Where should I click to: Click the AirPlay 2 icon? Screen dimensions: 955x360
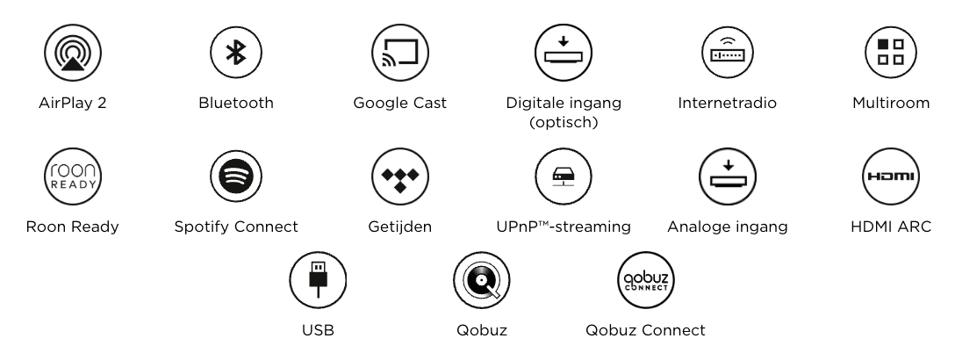pos(73,53)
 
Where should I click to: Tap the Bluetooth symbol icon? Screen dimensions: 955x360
pos(236,53)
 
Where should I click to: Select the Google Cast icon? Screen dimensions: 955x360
pos(400,53)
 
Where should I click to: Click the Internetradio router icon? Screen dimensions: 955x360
pos(727,53)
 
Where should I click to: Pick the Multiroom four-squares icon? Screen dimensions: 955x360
pos(891,53)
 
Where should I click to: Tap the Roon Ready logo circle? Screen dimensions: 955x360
pos(73,176)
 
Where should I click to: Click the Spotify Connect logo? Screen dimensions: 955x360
pos(236,176)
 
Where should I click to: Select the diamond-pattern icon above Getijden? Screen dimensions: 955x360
pos(400,176)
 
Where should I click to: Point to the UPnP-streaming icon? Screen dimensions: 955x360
pos(564,176)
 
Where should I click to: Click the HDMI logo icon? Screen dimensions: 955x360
pos(891,176)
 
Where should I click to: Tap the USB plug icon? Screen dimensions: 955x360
pos(318,280)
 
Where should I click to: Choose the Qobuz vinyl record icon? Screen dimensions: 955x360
pos(482,280)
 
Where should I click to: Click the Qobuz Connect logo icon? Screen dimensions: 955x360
pos(646,280)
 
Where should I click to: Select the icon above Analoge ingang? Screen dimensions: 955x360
pos(727,176)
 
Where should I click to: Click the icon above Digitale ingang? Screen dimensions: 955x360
pos(564,53)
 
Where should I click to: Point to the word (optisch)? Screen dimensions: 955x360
pos(564,122)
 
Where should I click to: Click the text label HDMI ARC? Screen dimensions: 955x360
pos(891,227)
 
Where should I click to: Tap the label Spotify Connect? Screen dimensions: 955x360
pos(236,227)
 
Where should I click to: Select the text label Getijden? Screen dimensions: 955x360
pos(400,227)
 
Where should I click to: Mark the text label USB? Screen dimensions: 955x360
pos(318,330)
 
